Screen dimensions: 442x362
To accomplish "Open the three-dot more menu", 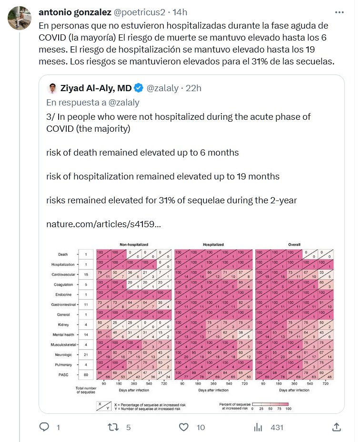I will (x=339, y=12).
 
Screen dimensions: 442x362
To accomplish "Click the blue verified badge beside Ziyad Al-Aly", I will (x=139, y=88).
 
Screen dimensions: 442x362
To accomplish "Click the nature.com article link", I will (x=103, y=224).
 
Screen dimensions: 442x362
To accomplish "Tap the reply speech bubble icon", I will (x=44, y=427).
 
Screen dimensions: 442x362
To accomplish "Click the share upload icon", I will (x=336, y=427).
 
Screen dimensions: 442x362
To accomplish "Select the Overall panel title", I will (x=294, y=244).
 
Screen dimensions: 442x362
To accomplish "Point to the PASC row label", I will (x=63, y=375).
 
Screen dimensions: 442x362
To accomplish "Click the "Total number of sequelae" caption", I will (x=85, y=391).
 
